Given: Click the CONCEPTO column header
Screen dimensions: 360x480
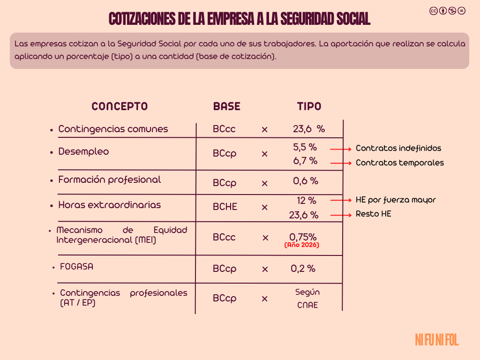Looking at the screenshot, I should (x=120, y=106).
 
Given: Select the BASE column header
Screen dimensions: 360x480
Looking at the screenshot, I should (x=226, y=106).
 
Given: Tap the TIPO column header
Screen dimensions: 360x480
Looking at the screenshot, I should (x=309, y=106).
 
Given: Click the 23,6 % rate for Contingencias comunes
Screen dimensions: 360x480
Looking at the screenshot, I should (x=308, y=129).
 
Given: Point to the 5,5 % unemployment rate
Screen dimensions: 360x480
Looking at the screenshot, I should (x=305, y=147).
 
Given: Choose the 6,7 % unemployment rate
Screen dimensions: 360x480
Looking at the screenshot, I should (x=305, y=161).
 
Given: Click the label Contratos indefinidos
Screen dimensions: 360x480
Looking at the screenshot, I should (x=398, y=148).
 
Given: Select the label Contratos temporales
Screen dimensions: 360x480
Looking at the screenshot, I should (x=400, y=163).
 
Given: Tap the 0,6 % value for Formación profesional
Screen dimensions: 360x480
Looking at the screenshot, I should (x=306, y=180).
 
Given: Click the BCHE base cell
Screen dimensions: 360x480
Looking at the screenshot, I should (x=225, y=207).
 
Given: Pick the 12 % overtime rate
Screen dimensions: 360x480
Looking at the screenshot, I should (x=307, y=201).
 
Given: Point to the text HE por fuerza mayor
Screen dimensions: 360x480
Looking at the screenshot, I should (x=396, y=200).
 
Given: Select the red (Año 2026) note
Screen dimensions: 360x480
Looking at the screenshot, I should (x=302, y=245).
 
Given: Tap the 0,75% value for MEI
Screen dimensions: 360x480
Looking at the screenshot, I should (x=303, y=237).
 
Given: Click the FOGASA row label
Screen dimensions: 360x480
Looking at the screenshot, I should (x=76, y=267).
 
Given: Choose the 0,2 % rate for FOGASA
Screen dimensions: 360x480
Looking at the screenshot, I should (x=303, y=269).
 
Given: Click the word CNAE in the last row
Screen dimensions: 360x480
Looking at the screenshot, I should (x=307, y=305).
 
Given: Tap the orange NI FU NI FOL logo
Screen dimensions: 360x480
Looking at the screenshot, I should (x=436, y=340).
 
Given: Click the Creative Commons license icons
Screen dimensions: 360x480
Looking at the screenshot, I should (x=447, y=11).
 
